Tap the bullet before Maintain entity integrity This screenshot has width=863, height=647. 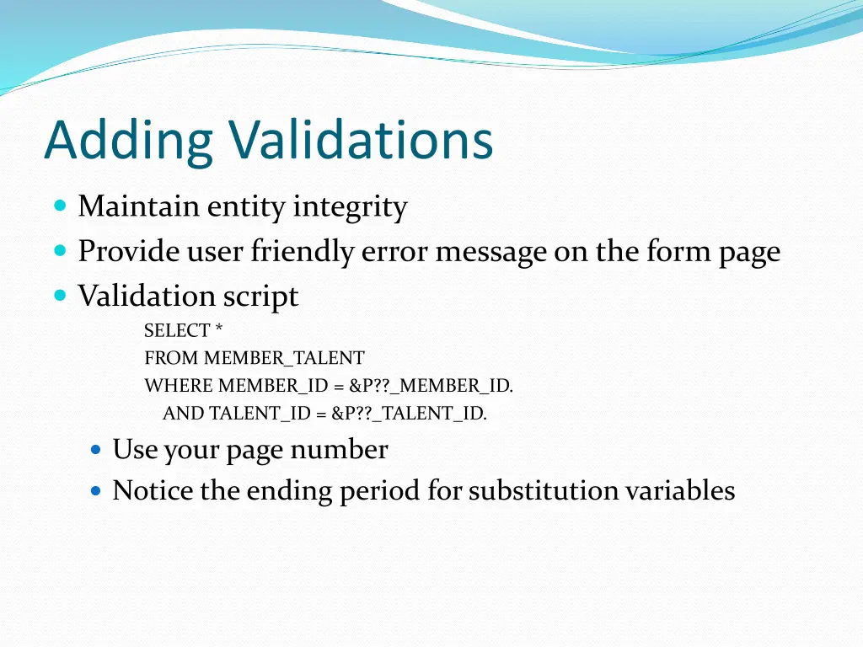coord(59,206)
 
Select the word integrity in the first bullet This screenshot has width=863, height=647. coord(350,207)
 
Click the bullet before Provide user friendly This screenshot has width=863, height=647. coord(59,251)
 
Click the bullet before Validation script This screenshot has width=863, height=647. coord(59,296)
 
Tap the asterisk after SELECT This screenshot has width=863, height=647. coord(219,329)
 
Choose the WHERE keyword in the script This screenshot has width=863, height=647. coord(179,387)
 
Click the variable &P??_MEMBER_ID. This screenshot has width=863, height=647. coord(431,387)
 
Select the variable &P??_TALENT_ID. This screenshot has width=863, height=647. coord(409,414)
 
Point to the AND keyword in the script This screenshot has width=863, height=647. coord(183,414)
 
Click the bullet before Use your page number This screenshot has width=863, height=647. coord(95,450)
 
